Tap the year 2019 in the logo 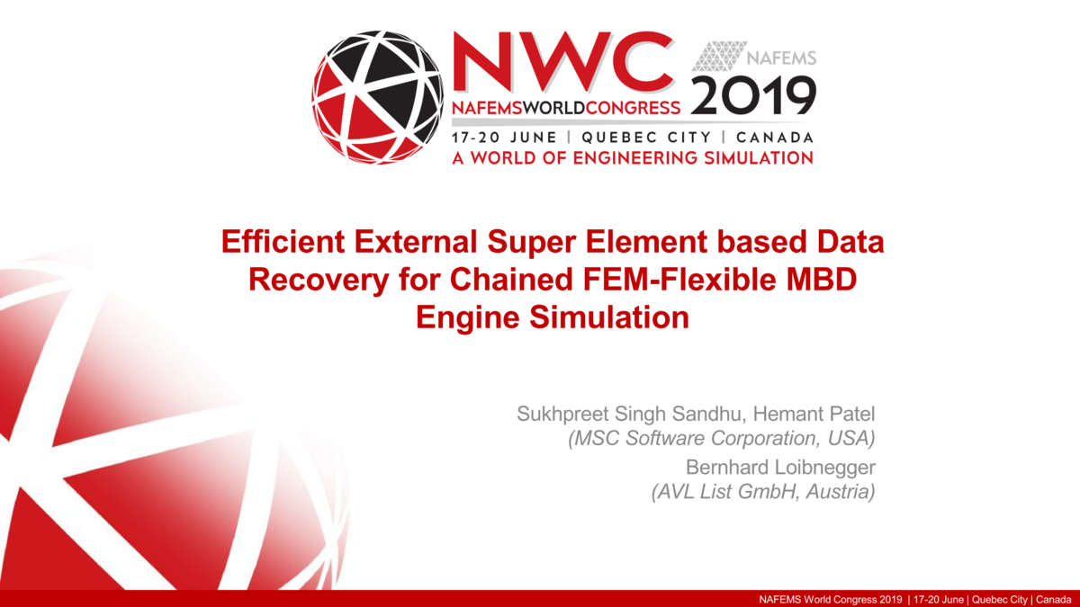tap(754, 95)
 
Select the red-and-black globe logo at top tap(378, 96)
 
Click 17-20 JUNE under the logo tap(503, 138)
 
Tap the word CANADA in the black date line tap(775, 138)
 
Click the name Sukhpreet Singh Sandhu tap(630, 415)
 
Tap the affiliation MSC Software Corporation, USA tap(721, 439)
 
